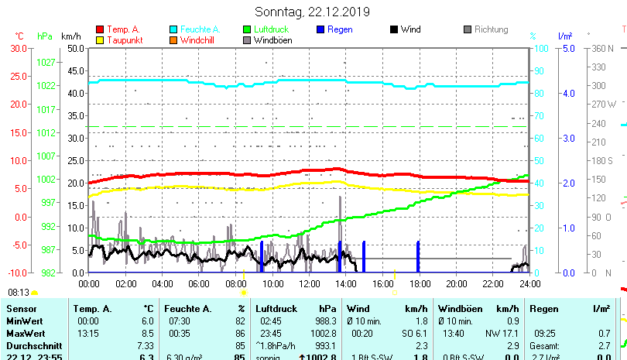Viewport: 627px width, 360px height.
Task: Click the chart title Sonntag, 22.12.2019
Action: [312, 12]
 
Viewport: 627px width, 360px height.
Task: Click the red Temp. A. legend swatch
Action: [99, 29]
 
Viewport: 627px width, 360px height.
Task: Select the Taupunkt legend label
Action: [123, 40]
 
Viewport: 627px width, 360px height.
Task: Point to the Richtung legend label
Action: [491, 29]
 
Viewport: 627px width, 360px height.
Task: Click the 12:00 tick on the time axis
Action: [309, 284]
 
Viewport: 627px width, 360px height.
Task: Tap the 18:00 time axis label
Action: [420, 284]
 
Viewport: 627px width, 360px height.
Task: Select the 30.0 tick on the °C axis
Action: [19, 48]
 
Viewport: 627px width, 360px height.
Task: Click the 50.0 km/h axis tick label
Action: [75, 48]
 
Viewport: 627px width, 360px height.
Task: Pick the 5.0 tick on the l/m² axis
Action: [567, 48]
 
